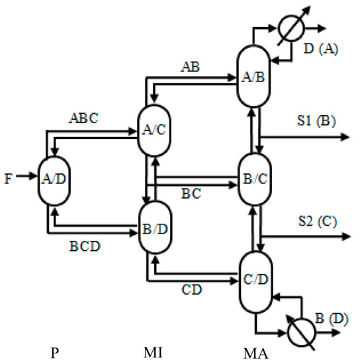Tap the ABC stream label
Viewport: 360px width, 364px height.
tap(85, 120)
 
